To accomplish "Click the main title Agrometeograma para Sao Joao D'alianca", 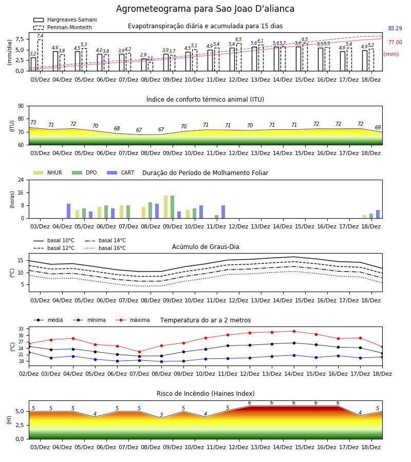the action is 205,9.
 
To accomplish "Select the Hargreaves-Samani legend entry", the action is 65,20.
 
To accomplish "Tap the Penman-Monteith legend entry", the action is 63,27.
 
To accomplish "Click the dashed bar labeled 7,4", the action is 40,55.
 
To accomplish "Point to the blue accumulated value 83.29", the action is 395,28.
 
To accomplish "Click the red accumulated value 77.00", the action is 395,42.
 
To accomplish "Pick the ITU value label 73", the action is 33,122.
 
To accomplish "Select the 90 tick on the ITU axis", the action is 21,106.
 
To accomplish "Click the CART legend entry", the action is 120,172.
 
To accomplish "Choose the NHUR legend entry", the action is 48,172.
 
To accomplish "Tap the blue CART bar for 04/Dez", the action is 69,211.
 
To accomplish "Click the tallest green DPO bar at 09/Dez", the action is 173,207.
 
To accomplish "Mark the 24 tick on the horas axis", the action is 21,180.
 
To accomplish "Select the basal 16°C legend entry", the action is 105,248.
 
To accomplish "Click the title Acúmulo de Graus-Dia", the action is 206,246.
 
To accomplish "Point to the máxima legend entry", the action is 133,320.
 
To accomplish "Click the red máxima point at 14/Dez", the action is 294,332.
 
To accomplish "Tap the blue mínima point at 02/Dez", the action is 29,352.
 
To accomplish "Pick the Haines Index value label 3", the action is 161,415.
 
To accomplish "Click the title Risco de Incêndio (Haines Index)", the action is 206,394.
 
